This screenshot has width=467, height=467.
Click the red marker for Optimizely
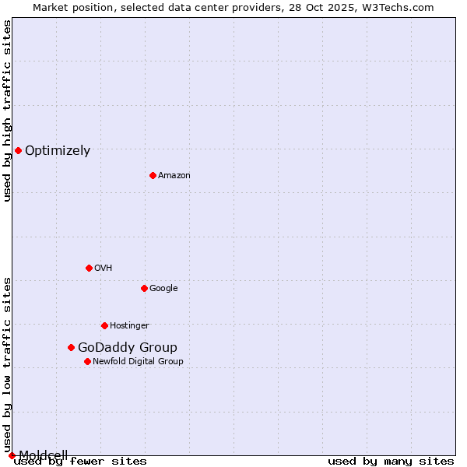pos(18,150)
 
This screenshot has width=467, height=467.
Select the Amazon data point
pos(153,175)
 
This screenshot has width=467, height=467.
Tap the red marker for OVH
pos(89,268)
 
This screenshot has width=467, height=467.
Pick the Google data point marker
pos(144,288)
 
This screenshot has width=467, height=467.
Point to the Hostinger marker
pos(104,325)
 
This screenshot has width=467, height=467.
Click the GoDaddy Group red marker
pos(71,347)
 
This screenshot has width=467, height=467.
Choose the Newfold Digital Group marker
pos(87,361)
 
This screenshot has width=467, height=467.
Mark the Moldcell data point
pos(12,455)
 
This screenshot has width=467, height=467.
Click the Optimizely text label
pos(58,151)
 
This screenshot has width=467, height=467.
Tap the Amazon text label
pos(174,176)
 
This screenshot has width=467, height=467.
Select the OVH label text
pos(104,269)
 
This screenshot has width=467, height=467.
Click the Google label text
pos(163,289)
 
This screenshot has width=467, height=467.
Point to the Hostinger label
pos(129,326)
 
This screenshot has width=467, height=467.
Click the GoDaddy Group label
pos(128,348)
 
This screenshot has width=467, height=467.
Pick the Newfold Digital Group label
pos(138,362)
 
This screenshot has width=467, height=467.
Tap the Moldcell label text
pos(44,455)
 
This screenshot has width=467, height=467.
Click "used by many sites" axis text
pos(391,462)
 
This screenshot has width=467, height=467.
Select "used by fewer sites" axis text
pos(80,462)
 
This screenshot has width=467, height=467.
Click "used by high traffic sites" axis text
pos(7,111)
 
